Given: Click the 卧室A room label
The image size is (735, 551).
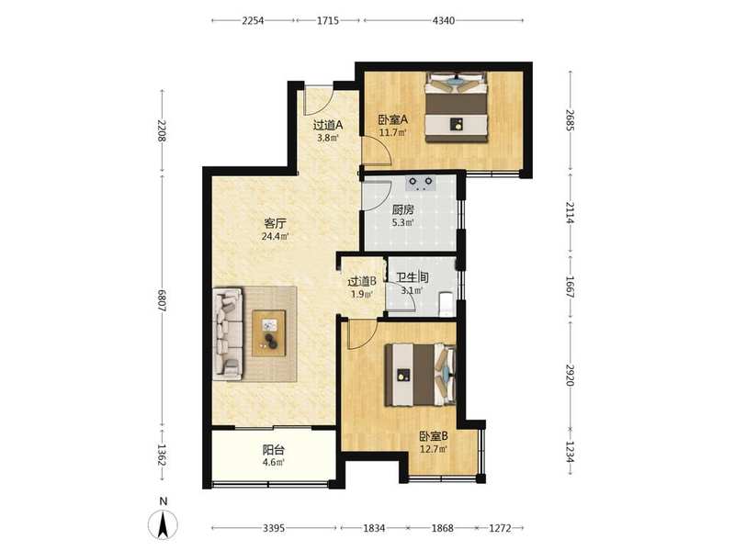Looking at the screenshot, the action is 393,119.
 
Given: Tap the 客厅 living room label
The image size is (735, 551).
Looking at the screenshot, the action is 275,223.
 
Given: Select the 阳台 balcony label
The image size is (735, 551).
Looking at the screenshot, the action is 273,450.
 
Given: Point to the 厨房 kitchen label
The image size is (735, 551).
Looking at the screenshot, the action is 403,209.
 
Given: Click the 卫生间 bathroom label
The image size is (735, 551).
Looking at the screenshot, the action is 413,278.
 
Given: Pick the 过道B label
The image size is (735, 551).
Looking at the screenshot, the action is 362,282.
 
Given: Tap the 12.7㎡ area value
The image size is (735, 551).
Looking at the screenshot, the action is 433,449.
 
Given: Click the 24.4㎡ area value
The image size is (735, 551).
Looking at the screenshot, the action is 275,236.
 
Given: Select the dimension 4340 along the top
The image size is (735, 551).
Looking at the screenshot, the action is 444,20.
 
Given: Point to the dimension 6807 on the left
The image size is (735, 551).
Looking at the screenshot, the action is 163,301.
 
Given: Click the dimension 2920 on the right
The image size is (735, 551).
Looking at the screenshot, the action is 570,375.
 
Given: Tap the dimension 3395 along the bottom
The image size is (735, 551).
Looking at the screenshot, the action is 273,528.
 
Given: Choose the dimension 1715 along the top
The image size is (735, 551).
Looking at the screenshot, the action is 328,20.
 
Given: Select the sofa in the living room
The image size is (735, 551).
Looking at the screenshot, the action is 228,334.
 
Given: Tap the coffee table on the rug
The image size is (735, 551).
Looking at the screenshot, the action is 269,333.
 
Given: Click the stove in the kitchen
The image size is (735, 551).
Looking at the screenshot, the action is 420,183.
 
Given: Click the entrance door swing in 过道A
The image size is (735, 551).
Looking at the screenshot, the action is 318,100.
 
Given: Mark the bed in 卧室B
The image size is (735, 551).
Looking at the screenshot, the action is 420,375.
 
